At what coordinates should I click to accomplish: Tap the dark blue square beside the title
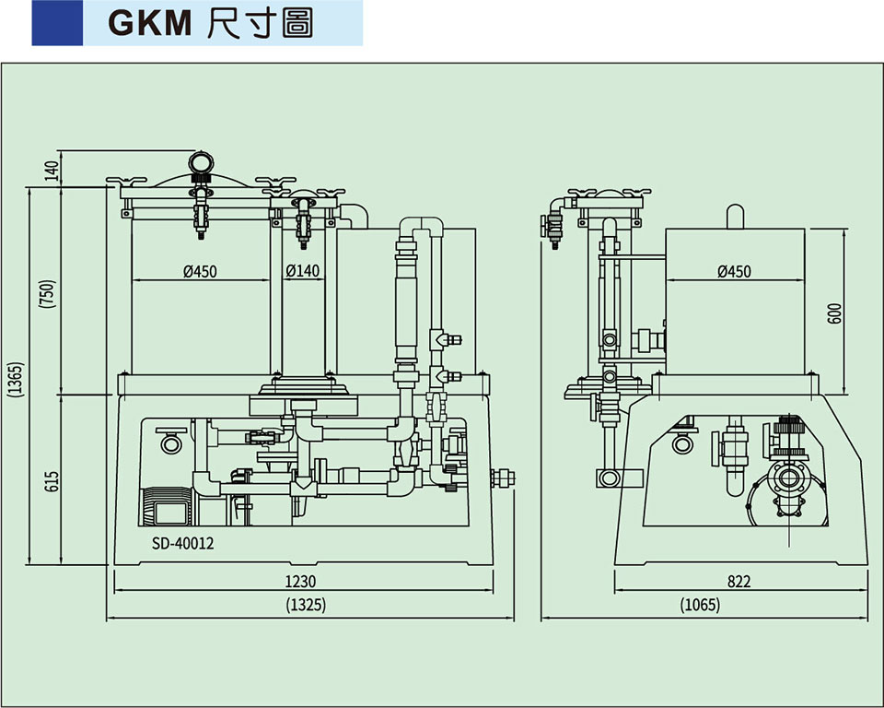coord(57,23)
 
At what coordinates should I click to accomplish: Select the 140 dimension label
coord(52,169)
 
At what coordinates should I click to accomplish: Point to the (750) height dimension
coord(52,292)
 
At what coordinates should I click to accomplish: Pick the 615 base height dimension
coord(52,480)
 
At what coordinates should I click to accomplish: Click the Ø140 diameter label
coord(303,271)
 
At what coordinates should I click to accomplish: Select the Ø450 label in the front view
coord(200,271)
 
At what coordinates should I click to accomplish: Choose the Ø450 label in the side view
coord(734,271)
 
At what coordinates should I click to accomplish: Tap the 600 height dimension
coord(834,313)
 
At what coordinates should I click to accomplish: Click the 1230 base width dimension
coord(300,582)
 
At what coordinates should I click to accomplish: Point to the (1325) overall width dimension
coord(307,606)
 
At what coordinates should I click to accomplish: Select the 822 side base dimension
coord(739,582)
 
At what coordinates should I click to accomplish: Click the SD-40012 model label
coord(182,543)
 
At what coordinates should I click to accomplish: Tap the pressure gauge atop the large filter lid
coord(200,163)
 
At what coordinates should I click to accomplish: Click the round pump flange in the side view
coord(787,479)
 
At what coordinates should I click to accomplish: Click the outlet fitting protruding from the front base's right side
coord(505,478)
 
